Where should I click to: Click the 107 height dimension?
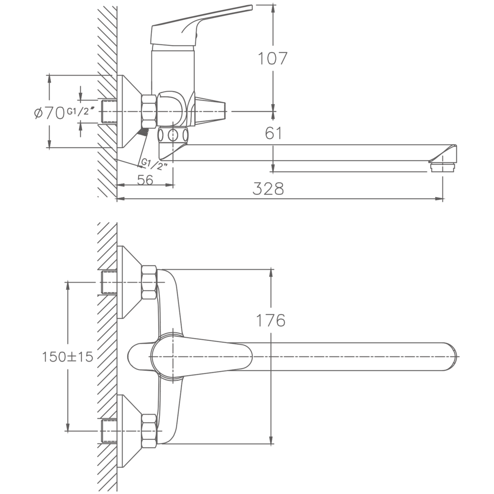point(272,59)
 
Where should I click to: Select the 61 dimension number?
point(274,133)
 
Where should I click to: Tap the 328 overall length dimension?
point(268,189)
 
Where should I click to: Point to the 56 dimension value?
point(145,179)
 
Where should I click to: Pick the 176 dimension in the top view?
point(271,320)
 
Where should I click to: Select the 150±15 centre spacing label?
point(68,357)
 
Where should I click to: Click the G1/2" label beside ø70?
point(80,111)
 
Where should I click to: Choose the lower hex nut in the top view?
point(149,431)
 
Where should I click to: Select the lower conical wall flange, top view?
point(127,431)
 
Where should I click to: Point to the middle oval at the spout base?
point(173,135)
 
